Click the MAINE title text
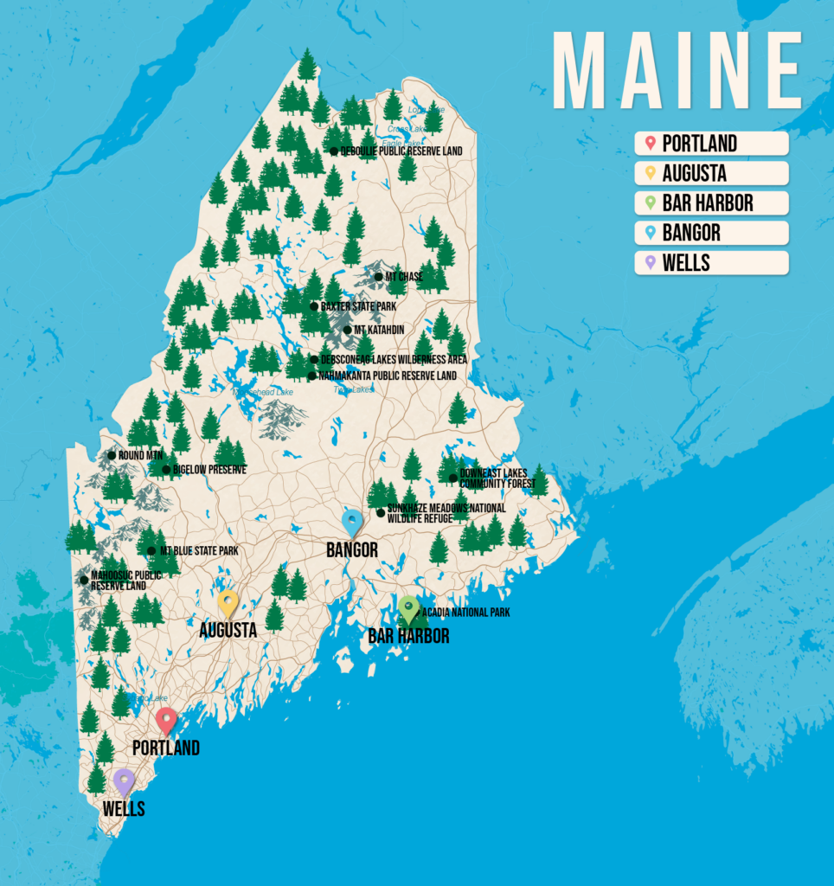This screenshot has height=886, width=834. click(x=677, y=72)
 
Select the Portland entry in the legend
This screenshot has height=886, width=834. click(x=711, y=144)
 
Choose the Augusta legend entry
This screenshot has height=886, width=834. click(x=711, y=173)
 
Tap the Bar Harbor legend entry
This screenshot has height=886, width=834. click(x=711, y=203)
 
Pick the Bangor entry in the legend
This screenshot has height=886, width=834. click(x=711, y=233)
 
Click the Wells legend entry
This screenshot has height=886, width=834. click(x=711, y=263)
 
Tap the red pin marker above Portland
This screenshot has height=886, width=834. click(x=166, y=720)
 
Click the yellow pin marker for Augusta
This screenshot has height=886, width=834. click(x=228, y=602)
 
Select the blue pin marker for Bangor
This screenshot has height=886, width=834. click(x=352, y=521)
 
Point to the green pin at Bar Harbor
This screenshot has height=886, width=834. click(x=408, y=608)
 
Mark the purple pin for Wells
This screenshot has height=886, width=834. click(x=125, y=781)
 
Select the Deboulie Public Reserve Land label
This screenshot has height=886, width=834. click(x=401, y=151)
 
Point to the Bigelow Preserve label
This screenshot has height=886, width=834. click(x=208, y=470)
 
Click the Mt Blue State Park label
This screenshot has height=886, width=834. click(x=198, y=551)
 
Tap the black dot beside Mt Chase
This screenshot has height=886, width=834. click(x=378, y=277)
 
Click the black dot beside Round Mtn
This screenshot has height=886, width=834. click(x=112, y=455)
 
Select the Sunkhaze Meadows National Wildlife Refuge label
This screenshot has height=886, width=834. click(x=446, y=513)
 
